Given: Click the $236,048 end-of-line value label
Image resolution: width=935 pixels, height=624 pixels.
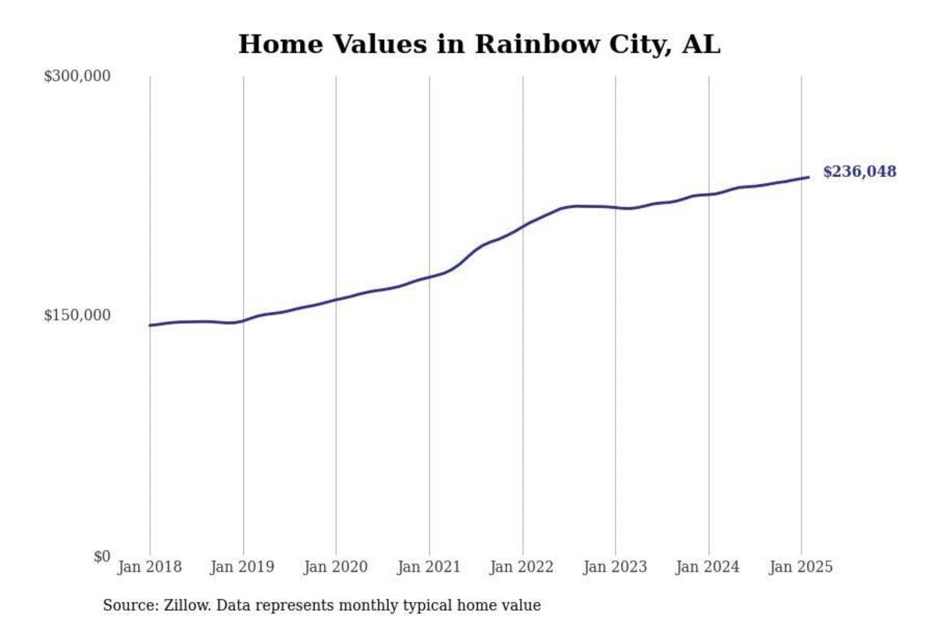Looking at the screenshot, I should [x=859, y=172].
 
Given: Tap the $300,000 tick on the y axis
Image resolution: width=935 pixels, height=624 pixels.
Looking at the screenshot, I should [x=77, y=76].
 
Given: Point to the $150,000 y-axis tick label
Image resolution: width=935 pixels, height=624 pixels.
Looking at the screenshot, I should [x=77, y=315].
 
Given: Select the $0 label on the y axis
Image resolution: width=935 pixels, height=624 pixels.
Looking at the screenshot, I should [x=101, y=556].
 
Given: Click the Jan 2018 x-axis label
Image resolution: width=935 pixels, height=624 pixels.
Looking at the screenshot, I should [x=150, y=567].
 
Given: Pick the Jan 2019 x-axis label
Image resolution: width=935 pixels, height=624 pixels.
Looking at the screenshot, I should [x=242, y=567].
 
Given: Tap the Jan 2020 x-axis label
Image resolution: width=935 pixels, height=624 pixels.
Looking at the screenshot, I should [x=336, y=567].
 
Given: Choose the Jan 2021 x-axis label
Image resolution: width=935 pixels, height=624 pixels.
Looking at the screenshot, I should [x=429, y=567].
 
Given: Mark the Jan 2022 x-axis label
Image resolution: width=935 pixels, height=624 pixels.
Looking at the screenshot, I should [x=522, y=567].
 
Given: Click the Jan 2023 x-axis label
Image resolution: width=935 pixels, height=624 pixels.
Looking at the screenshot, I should [x=615, y=567].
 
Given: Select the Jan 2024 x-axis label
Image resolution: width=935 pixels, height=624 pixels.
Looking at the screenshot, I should [x=708, y=567].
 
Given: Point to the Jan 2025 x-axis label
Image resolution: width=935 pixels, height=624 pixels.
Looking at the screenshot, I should [x=801, y=567].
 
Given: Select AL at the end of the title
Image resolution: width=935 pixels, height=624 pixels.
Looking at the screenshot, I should [x=700, y=44].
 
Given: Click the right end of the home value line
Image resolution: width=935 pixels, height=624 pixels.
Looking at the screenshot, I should [x=809, y=177].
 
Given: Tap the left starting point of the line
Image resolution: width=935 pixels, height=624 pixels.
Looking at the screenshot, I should [x=150, y=325].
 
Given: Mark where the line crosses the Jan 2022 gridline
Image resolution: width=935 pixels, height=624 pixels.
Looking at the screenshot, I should [x=523, y=225].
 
